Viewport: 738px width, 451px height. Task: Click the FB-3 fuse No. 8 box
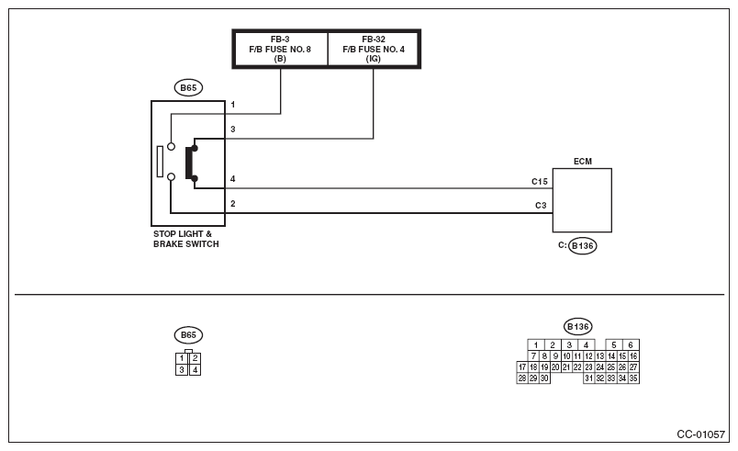tap(281, 49)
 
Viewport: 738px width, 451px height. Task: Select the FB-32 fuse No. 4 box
tap(374, 49)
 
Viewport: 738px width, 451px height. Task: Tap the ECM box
tap(582, 200)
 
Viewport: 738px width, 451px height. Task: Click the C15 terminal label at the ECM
tap(540, 181)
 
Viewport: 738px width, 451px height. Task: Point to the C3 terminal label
tap(541, 205)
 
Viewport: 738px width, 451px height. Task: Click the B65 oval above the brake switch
tap(188, 87)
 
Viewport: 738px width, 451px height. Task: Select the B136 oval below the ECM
tap(582, 246)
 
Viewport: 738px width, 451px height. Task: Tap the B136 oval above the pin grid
tap(578, 327)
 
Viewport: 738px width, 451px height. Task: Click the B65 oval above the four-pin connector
tap(188, 335)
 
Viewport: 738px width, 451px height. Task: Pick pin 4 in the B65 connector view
tap(195, 370)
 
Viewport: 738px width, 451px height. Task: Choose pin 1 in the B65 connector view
tap(182, 358)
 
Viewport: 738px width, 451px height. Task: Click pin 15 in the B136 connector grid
tap(622, 356)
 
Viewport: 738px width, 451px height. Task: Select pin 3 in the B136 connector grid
tap(569, 345)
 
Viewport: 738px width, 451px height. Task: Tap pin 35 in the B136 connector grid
tap(633, 378)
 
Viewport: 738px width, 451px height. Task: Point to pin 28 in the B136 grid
tap(522, 378)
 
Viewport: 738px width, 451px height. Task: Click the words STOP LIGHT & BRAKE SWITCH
tap(186, 239)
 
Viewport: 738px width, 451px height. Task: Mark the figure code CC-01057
tap(700, 434)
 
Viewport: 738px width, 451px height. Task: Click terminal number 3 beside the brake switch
tap(232, 129)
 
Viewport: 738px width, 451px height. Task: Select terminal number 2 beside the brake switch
tap(232, 203)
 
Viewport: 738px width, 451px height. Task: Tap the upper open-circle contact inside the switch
tap(172, 146)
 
